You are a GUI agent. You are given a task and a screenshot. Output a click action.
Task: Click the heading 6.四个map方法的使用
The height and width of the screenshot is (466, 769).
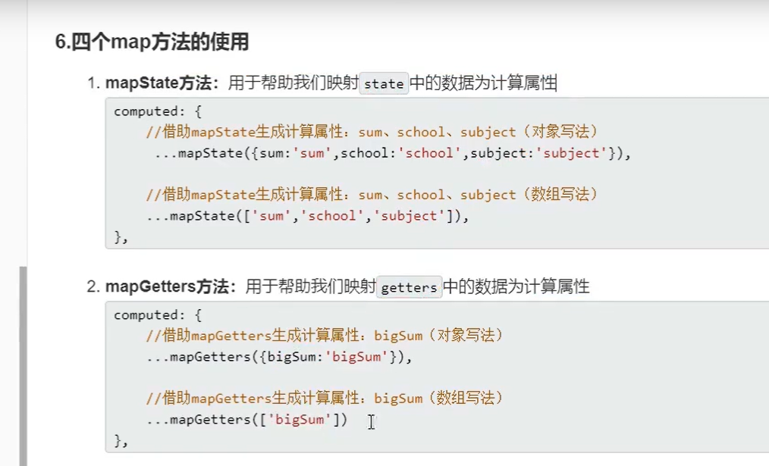(x=152, y=42)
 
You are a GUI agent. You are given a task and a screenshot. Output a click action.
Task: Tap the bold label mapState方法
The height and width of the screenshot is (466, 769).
(x=162, y=83)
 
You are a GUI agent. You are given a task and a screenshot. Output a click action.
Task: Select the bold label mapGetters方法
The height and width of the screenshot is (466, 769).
(x=171, y=287)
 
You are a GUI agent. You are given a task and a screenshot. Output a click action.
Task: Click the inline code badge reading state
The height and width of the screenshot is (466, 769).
(x=384, y=84)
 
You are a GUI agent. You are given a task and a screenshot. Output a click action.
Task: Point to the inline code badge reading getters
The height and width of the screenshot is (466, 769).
(x=410, y=288)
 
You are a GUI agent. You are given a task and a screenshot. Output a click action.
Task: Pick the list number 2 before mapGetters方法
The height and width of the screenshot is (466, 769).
(x=93, y=287)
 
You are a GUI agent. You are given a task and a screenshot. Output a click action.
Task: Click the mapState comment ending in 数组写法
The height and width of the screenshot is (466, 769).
(x=372, y=195)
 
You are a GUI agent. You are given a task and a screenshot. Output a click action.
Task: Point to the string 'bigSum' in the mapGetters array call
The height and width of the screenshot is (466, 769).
(x=300, y=419)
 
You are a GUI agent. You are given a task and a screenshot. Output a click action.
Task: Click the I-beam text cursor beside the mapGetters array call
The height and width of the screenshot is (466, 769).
(x=371, y=421)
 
